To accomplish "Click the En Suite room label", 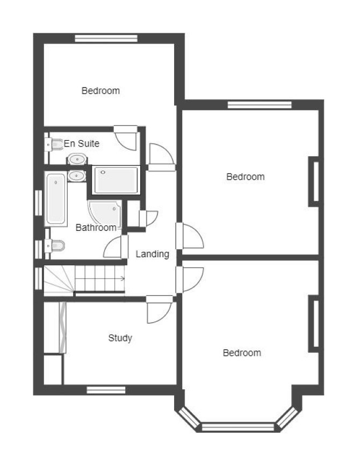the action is point(82,143).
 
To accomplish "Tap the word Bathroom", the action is point(96,228).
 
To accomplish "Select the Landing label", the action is point(153,254).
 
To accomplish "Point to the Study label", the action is point(120,338).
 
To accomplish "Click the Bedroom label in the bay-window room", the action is point(242,353).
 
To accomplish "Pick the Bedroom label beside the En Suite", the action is point(100,91).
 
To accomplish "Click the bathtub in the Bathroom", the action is point(56,199).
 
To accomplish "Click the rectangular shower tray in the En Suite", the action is point(116,180).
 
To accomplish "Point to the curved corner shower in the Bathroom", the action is point(105,214).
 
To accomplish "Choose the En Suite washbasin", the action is point(77,159).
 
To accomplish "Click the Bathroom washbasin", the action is point(77,176).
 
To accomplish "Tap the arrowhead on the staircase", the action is point(123,279).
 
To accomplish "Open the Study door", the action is point(159,309).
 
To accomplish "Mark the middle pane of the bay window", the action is point(237,427).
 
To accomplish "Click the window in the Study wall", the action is point(106,390).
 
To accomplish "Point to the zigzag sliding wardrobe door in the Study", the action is point(62,327).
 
